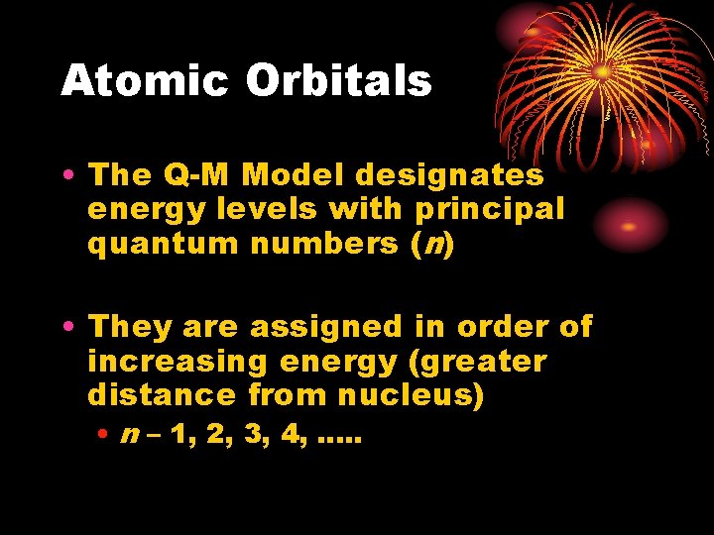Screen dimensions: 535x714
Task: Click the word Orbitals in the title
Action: [338, 81]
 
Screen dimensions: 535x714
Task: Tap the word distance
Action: [158, 395]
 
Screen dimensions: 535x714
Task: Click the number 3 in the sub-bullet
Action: [253, 435]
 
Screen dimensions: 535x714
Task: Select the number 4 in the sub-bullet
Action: [291, 435]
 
